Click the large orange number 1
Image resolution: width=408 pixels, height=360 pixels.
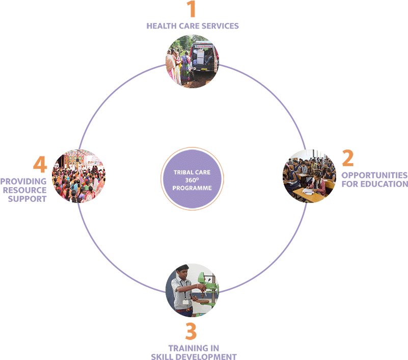pyautogui.click(x=191, y=10)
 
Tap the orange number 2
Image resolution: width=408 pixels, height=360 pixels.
pyautogui.click(x=347, y=159)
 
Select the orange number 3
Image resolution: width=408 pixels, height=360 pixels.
pyautogui.click(x=191, y=331)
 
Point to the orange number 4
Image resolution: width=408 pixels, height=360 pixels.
pyautogui.click(x=40, y=165)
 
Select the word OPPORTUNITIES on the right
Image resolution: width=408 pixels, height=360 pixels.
pyautogui.click(x=374, y=175)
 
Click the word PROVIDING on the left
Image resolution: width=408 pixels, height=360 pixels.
pyautogui.click(x=23, y=181)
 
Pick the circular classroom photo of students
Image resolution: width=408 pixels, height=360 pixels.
pyautogui.click(x=309, y=176)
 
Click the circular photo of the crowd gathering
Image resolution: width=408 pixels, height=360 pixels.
pyautogui.click(x=79, y=176)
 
